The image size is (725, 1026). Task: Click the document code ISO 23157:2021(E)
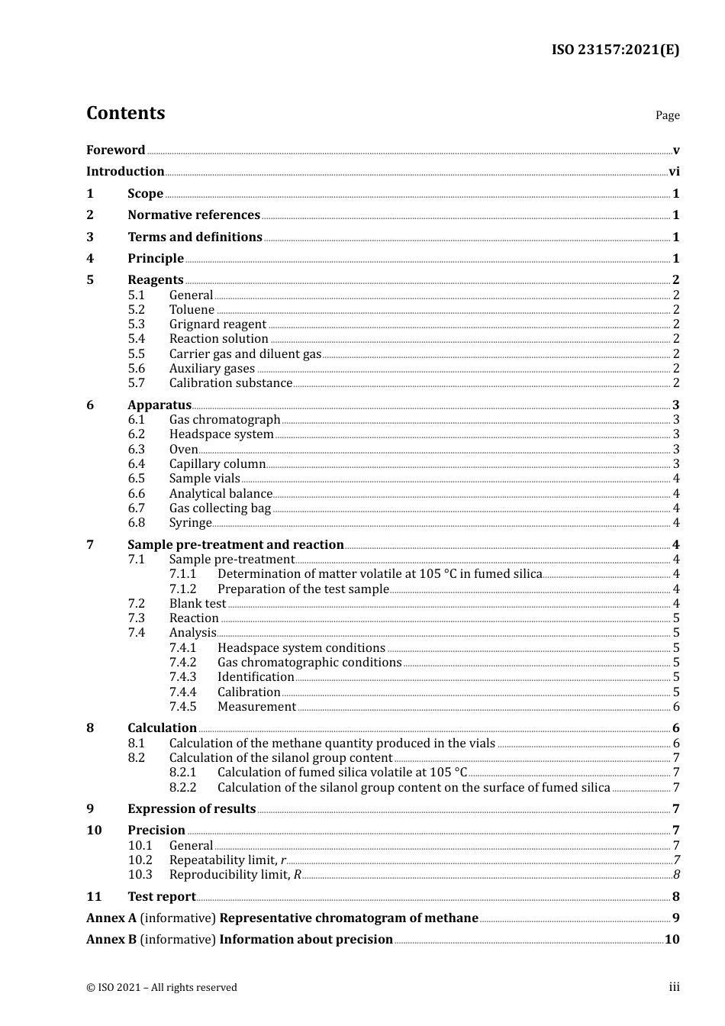[615, 50]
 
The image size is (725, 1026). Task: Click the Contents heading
[125, 113]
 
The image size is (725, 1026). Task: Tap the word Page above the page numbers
[667, 115]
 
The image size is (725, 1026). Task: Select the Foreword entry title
[115, 150]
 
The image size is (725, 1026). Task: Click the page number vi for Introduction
[674, 172]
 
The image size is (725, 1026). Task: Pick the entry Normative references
[194, 215]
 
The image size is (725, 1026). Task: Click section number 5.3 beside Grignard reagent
[136, 324]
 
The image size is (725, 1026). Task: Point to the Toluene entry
[192, 310]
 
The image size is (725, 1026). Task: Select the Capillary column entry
[217, 464]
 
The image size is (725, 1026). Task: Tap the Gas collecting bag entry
[220, 508]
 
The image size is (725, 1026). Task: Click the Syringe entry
[190, 523]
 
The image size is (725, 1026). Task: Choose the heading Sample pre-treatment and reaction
[235, 545]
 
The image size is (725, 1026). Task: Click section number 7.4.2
[182, 663]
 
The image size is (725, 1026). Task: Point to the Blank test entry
[197, 604]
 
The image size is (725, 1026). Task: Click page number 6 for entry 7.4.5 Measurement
[676, 707]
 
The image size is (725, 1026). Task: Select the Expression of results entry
[192, 809]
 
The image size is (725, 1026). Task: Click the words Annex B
[111, 940]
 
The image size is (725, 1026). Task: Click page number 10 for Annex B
[672, 940]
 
